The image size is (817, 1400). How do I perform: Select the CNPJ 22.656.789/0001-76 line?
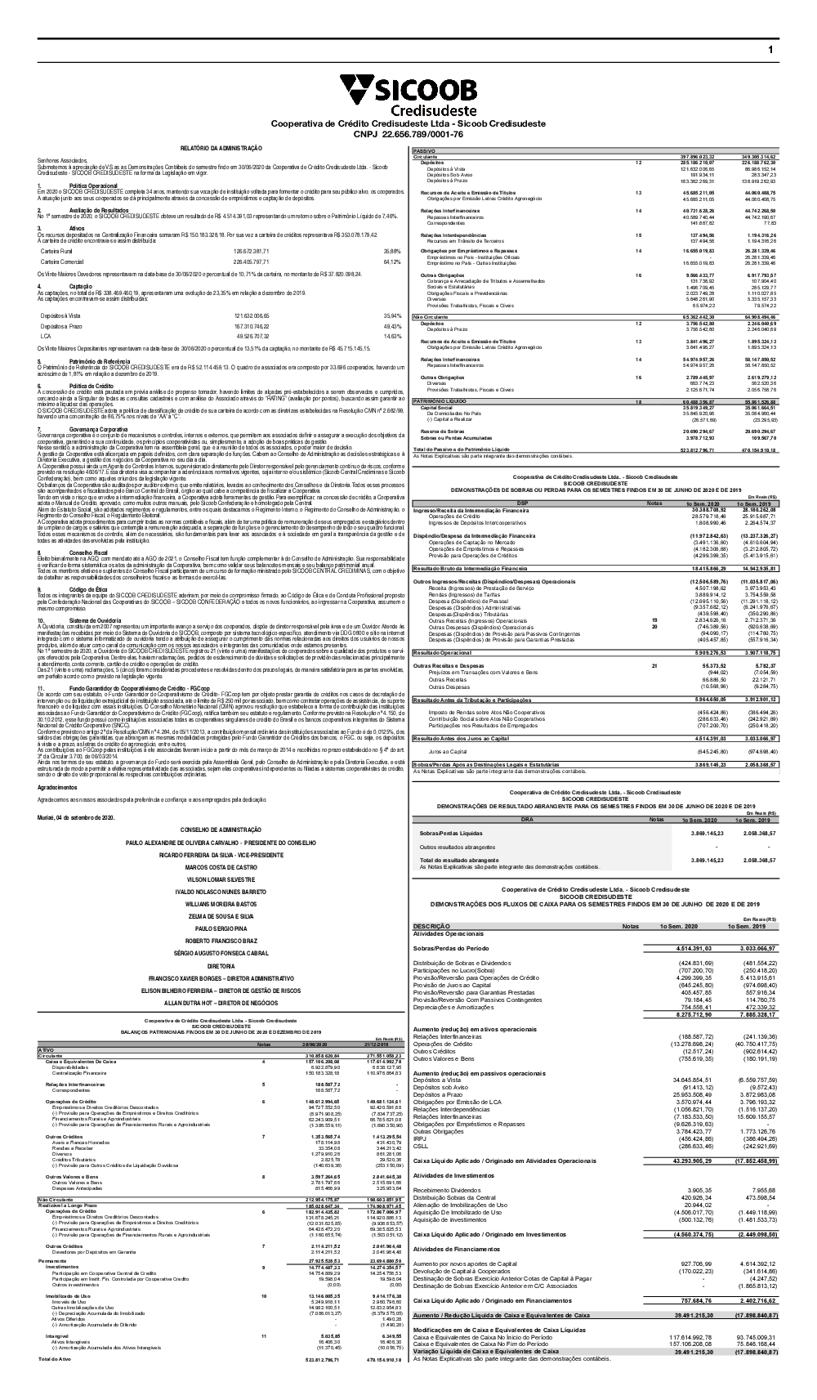tap(408, 134)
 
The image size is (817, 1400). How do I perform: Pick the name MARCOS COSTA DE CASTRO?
tap(221, 866)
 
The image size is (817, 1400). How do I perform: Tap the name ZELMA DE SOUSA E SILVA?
tap(221, 916)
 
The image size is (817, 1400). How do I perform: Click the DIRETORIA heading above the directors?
tap(221, 965)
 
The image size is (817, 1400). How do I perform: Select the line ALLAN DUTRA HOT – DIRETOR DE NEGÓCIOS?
tap(221, 1001)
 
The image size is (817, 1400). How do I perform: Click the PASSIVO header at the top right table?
tap(426, 151)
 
